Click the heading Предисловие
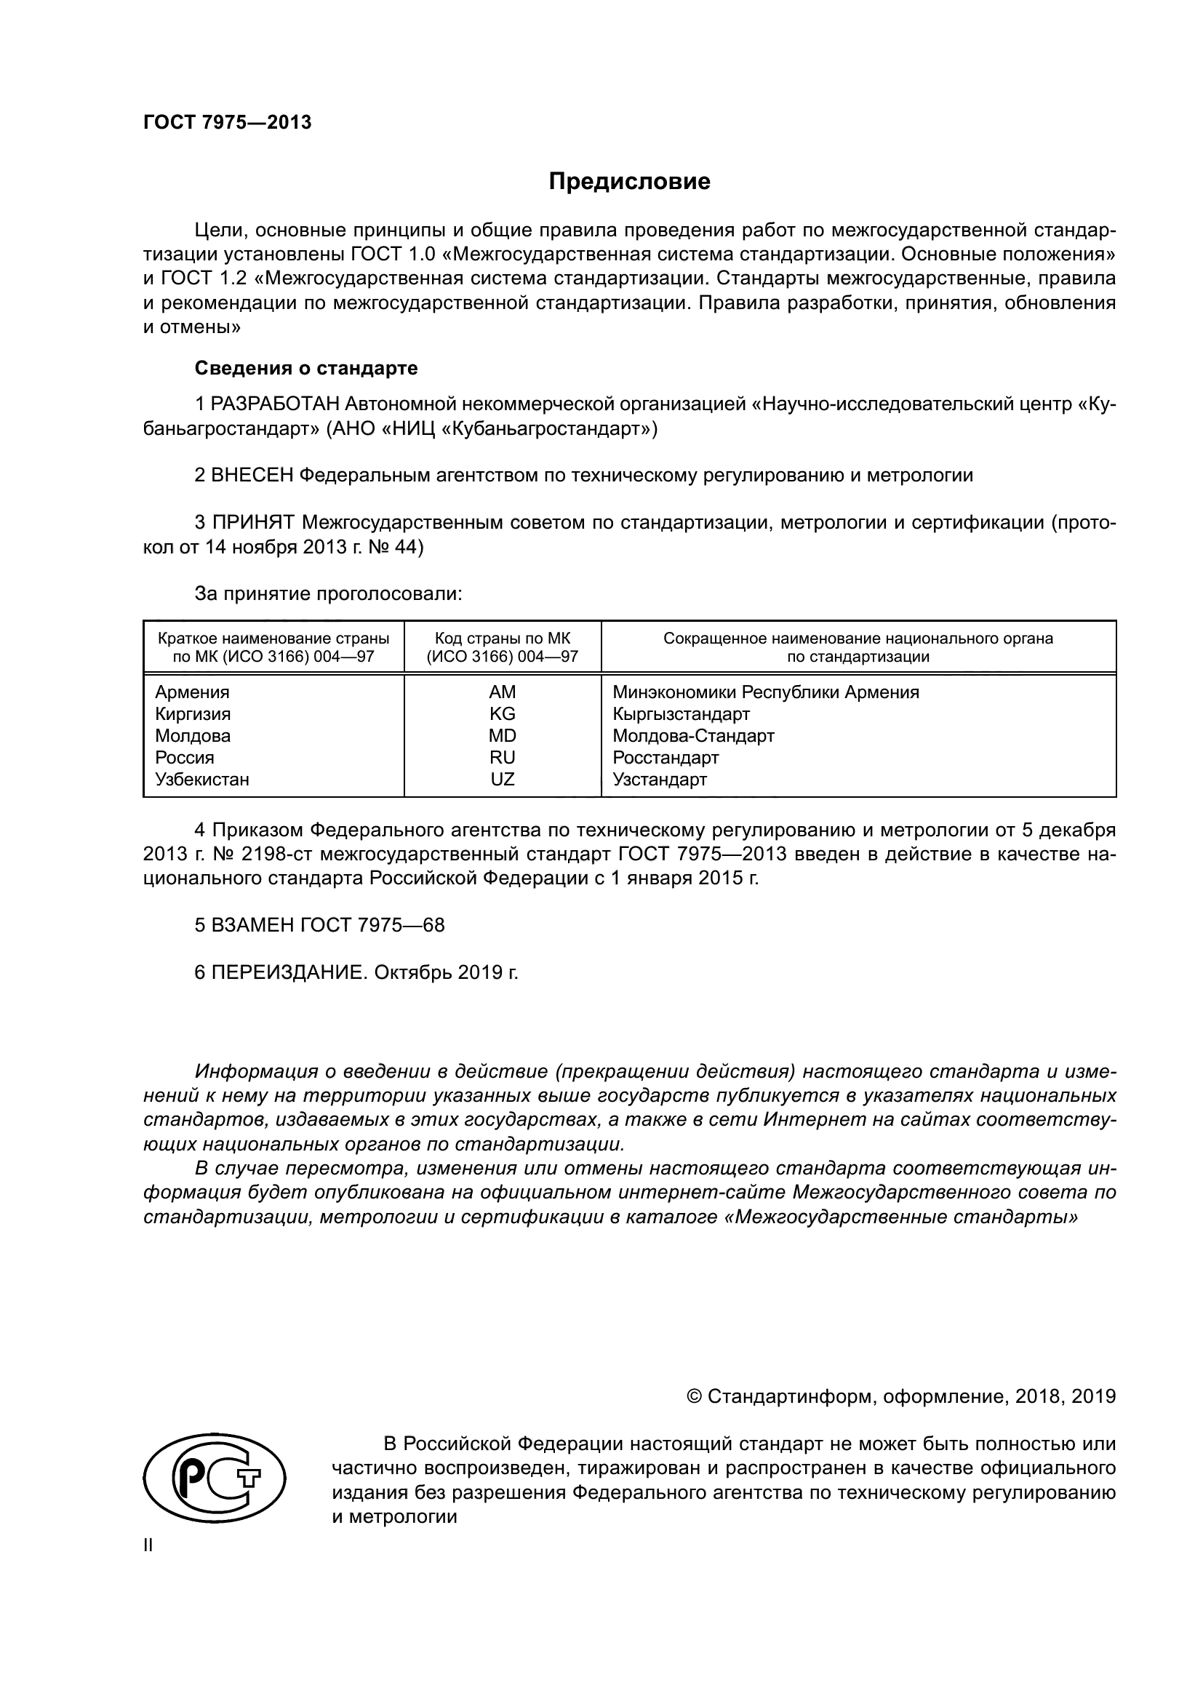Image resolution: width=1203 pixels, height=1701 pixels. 629,182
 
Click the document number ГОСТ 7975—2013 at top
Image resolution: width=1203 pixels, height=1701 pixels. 228,123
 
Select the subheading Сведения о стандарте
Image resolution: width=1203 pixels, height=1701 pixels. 306,368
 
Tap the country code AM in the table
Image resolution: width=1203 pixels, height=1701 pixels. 503,692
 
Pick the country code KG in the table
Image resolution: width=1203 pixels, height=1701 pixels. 503,714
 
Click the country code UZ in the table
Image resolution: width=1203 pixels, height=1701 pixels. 503,780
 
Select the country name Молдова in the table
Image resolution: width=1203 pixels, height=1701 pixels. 193,736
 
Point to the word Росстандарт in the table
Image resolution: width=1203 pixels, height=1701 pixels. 666,758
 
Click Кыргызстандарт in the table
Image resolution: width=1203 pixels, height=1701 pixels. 681,714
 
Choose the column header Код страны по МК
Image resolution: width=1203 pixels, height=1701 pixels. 503,639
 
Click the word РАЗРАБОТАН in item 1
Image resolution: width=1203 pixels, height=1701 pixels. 275,404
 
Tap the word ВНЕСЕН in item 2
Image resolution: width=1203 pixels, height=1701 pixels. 252,476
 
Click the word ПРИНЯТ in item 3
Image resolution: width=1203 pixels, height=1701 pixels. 253,523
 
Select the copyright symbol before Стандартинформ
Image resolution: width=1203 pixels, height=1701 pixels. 694,1397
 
